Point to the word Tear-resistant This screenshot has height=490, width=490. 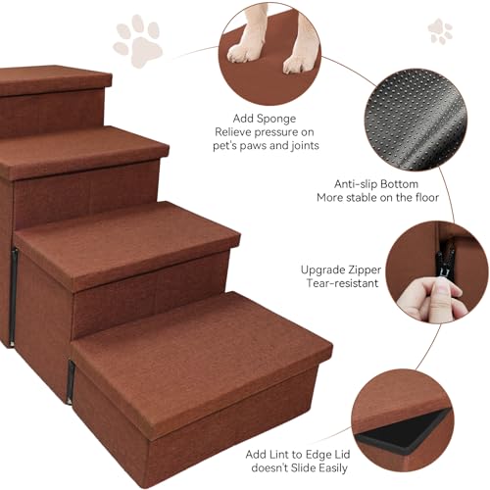coord(342,283)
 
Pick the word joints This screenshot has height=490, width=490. coord(305,145)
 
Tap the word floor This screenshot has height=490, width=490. coord(427,197)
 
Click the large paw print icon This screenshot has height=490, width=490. coord(138,40)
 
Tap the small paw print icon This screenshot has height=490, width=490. coord(440,31)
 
